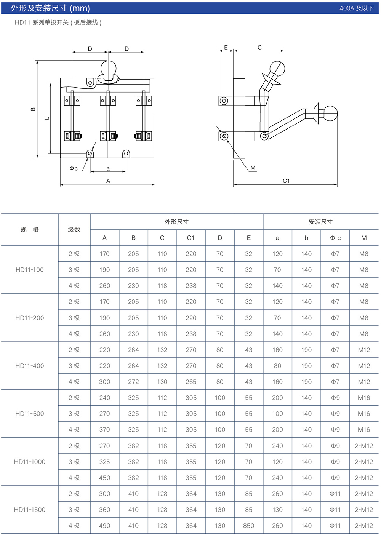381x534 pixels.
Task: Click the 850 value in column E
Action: pyautogui.click(x=248, y=526)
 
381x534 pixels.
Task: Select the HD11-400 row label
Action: pyautogui.click(x=30, y=366)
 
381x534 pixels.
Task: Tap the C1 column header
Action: pyautogui.click(x=191, y=238)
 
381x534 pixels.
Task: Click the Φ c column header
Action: pyautogui.click(x=335, y=238)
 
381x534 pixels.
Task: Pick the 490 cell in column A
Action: pyautogui.click(x=104, y=526)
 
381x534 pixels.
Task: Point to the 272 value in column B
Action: pyautogui.click(x=133, y=382)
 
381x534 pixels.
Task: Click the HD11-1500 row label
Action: pyautogui.click(x=30, y=510)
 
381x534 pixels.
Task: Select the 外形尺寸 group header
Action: pyautogui.click(x=176, y=222)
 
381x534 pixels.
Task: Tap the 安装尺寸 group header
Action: pyautogui.click(x=320, y=222)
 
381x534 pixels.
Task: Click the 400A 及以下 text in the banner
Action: pyautogui.click(x=357, y=8)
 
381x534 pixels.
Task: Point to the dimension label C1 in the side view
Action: pyautogui.click(x=286, y=181)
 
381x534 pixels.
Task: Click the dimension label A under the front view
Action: pyautogui.click(x=108, y=181)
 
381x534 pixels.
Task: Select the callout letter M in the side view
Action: pyautogui.click(x=253, y=168)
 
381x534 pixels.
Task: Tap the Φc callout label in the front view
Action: pyautogui.click(x=74, y=168)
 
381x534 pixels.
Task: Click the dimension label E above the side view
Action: pyautogui.click(x=226, y=48)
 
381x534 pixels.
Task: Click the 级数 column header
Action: pyautogui.click(x=74, y=230)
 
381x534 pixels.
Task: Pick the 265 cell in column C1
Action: pyautogui.click(x=191, y=382)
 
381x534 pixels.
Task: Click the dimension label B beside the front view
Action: pyautogui.click(x=33, y=109)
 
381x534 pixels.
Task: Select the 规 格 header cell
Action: pyautogui.click(x=30, y=230)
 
